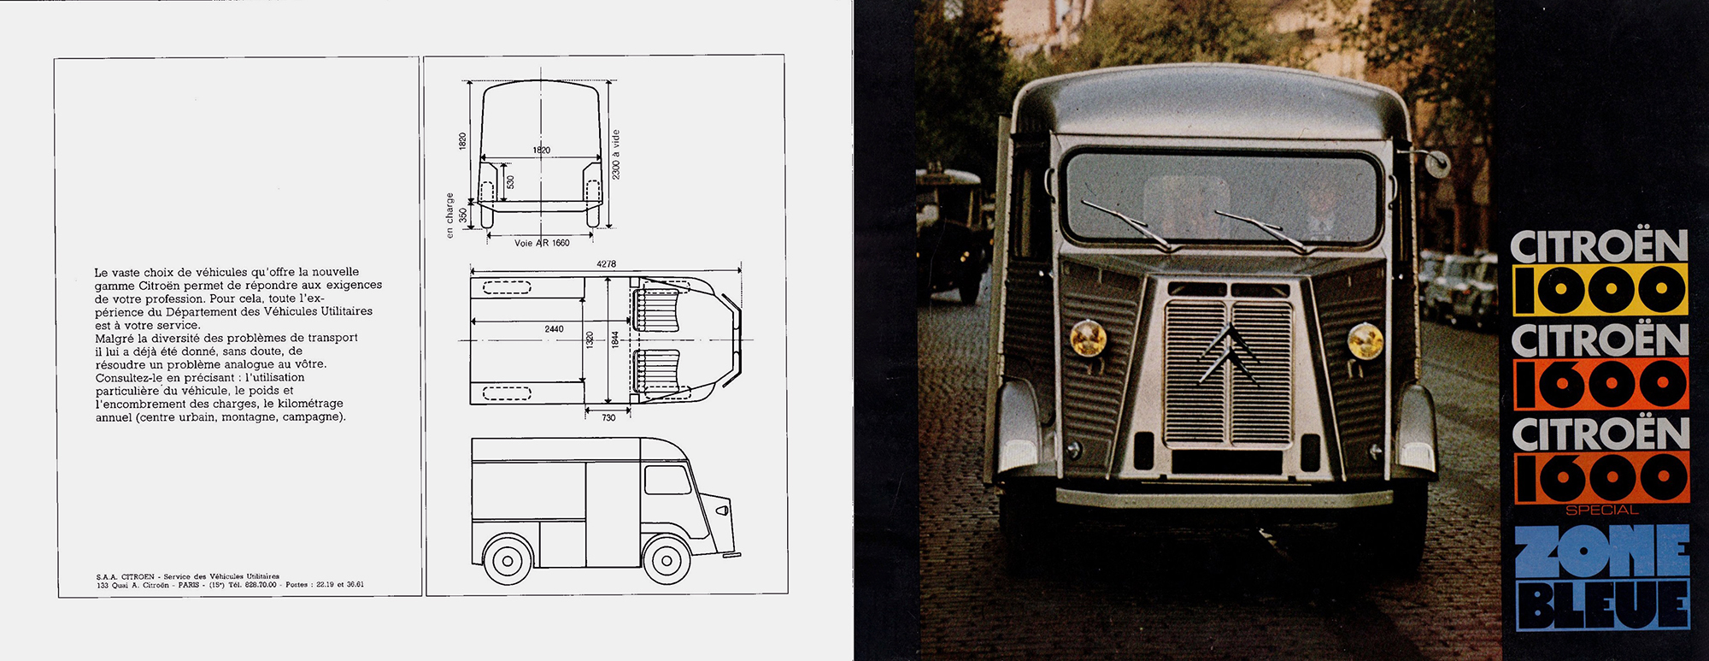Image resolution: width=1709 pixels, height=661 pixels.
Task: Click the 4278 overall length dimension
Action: coord(606,264)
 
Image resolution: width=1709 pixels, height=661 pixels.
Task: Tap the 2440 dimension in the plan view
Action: coord(554,328)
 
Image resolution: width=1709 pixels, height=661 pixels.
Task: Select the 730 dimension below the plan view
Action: coord(608,417)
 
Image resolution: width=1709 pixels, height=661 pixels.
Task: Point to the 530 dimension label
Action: coord(511,182)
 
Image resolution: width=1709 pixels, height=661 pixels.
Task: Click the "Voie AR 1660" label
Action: coord(542,243)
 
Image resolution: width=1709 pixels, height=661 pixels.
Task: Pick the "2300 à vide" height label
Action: coord(616,155)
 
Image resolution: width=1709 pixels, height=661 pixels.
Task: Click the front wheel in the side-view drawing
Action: coord(667,560)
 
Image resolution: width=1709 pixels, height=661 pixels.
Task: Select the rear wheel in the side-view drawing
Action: coord(508,560)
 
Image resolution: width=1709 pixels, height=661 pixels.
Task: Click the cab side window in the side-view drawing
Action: coord(667,480)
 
